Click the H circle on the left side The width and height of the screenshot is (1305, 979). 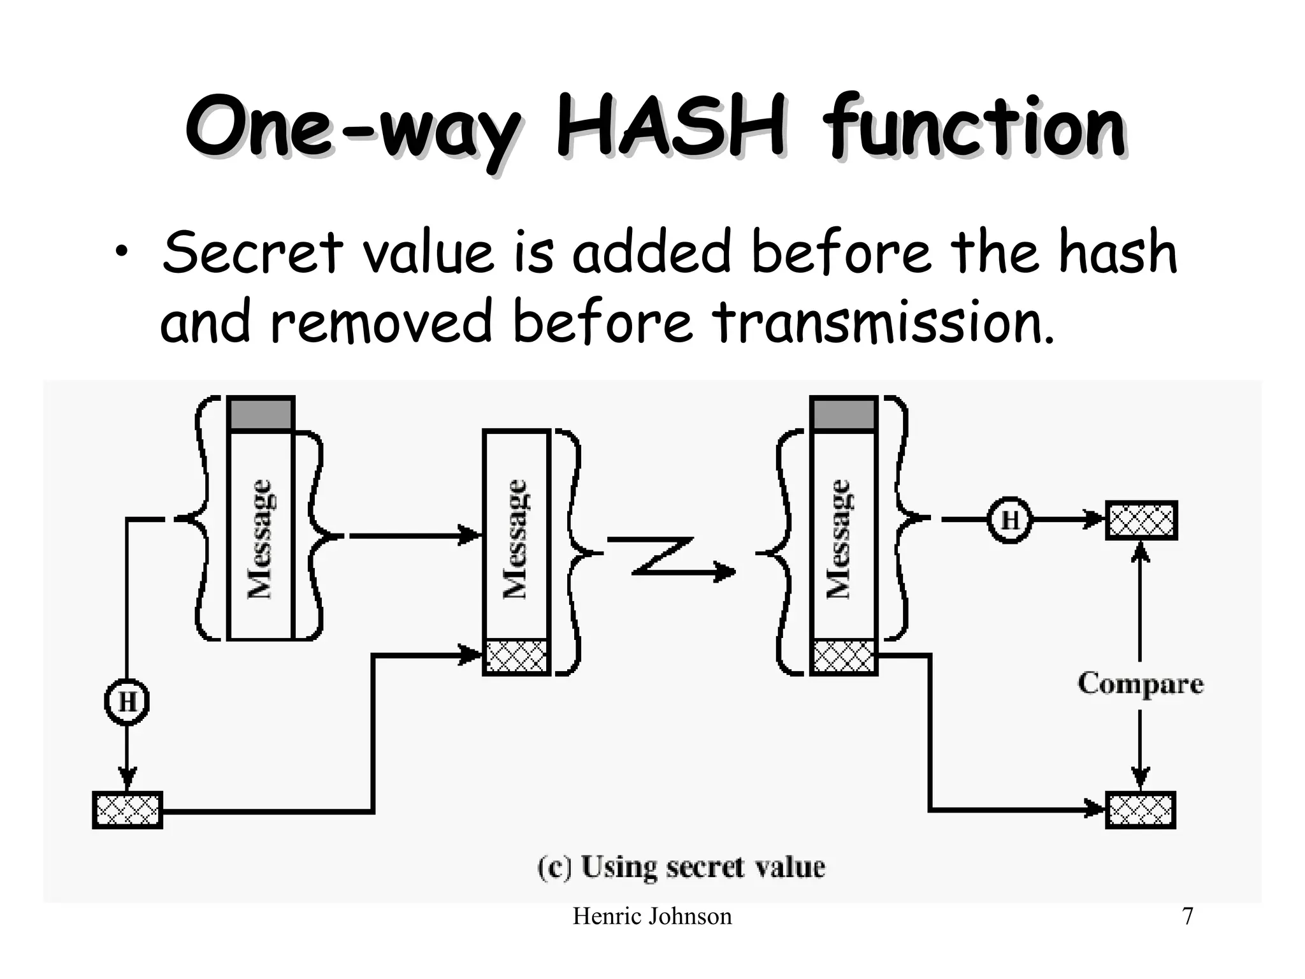127,702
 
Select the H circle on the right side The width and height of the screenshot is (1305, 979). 1010,520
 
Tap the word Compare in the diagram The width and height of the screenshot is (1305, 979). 1140,684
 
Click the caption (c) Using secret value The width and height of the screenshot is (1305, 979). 681,867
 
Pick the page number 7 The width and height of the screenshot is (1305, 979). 1187,917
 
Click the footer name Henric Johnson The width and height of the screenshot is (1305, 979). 652,917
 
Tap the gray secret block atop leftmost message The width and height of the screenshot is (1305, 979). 261,414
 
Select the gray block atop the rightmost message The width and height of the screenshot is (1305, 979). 844,414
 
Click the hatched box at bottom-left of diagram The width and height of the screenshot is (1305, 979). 127,810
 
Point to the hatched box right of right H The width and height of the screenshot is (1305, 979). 1141,520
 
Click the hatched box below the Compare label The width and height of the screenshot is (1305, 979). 1140,810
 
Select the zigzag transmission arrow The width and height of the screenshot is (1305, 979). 669,559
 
